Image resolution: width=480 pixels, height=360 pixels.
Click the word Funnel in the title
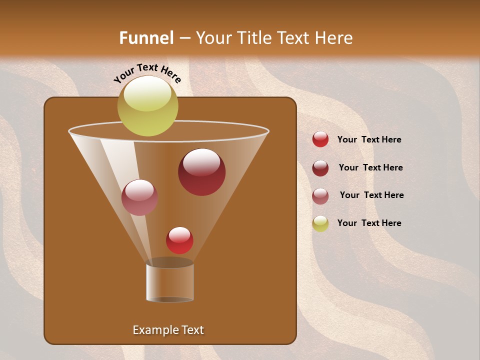146,38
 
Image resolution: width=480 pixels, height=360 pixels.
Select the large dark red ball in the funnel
201,172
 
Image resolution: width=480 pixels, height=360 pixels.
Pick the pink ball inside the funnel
139,197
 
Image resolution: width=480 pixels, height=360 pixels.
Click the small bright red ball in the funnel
179,240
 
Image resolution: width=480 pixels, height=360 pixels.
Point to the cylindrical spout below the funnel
170,282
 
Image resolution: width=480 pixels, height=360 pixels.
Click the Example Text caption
168,330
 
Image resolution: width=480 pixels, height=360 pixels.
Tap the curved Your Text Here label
147,73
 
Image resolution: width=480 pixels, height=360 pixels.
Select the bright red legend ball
320,139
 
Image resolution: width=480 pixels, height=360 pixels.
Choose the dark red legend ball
320,168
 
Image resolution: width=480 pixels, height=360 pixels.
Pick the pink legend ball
320,196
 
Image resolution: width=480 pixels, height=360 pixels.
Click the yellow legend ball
320,223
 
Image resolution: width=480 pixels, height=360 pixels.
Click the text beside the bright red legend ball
369,140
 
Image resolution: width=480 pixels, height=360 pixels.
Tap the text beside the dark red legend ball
370,168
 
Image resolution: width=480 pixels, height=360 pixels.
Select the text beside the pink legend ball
371,195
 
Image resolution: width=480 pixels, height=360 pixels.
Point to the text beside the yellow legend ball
369,223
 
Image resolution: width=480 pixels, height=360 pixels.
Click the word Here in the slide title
334,38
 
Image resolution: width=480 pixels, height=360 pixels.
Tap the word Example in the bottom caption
154,330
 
